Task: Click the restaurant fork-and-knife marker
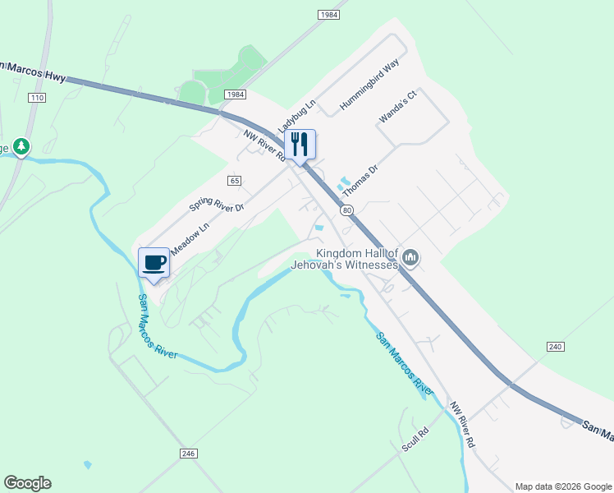click(x=300, y=145)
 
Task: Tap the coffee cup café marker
click(x=154, y=263)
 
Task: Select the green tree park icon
click(x=21, y=148)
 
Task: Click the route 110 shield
click(x=36, y=98)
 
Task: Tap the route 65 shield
click(x=235, y=179)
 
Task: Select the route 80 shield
click(x=348, y=211)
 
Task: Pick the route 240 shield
click(x=556, y=348)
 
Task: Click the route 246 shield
click(x=189, y=454)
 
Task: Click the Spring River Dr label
click(x=217, y=208)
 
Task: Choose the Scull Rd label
click(x=415, y=440)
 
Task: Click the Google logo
click(x=27, y=483)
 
